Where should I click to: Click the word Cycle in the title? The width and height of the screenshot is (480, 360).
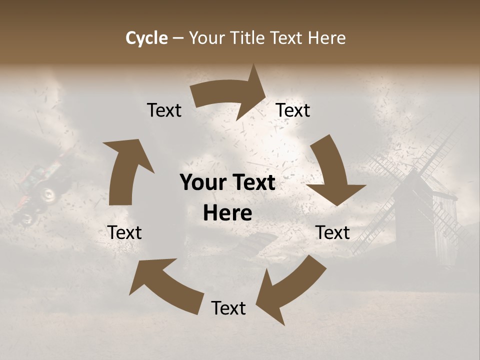pos(146,38)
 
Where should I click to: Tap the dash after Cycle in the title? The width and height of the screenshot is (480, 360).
pos(178,38)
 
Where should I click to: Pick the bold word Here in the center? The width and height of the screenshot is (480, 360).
pos(227,213)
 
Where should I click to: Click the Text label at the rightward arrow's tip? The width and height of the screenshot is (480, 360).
pos(293,110)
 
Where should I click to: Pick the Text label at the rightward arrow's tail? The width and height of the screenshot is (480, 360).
pos(164,110)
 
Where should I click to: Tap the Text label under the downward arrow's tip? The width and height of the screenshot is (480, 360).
pos(332,232)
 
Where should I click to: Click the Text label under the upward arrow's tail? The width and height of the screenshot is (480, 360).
pos(124,232)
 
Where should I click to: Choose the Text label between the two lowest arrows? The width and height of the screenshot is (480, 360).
pos(228,308)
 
